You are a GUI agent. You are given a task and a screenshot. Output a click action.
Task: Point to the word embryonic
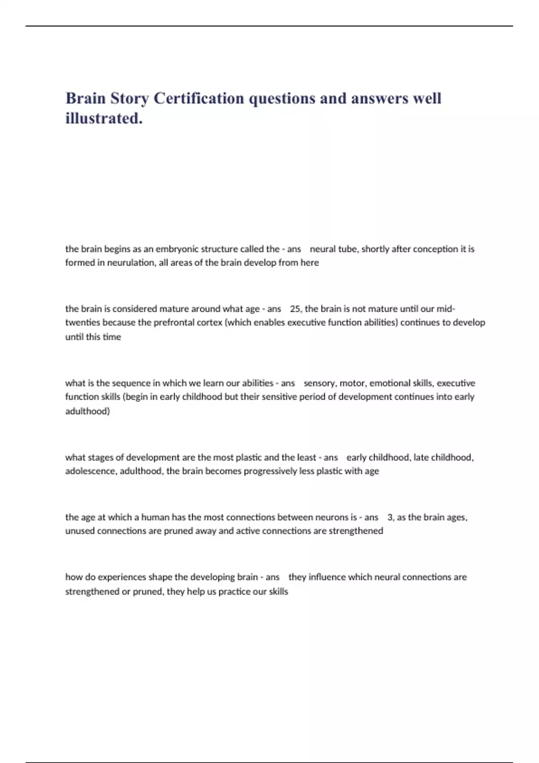click(x=177, y=249)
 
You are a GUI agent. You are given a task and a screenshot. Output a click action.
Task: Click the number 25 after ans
click(x=295, y=309)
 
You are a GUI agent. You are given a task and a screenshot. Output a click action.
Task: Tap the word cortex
click(x=210, y=322)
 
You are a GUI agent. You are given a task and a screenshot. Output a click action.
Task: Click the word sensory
click(x=319, y=383)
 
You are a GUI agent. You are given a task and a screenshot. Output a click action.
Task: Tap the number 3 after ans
click(x=390, y=517)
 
